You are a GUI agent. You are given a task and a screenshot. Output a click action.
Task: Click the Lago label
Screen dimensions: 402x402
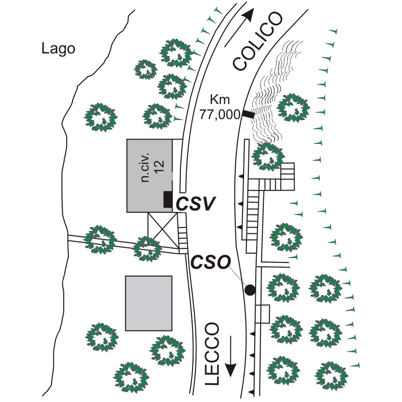point(58,49)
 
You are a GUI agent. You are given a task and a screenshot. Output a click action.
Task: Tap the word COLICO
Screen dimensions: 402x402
point(257,41)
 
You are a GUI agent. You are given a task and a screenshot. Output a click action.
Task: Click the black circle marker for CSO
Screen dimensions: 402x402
point(250,290)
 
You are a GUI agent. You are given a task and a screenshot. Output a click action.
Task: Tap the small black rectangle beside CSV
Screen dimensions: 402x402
point(168,199)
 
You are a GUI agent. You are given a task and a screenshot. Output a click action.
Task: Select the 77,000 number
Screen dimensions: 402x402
point(220,115)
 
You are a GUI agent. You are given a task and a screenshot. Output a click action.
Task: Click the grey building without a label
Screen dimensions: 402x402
point(149,303)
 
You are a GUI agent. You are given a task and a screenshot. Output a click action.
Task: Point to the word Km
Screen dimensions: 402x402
point(219,100)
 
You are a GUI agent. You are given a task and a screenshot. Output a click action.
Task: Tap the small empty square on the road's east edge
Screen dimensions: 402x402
point(262,314)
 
